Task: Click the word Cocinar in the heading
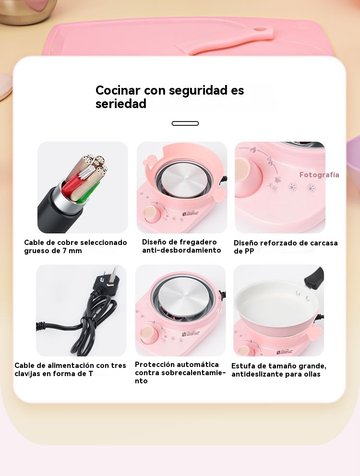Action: pos(118,90)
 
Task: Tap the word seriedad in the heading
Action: pos(121,104)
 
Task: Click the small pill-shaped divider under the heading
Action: pos(185,123)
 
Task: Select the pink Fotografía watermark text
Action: pos(319,174)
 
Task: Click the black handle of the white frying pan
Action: pos(314,277)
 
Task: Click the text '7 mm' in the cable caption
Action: pos(72,251)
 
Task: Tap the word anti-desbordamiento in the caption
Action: pos(181,250)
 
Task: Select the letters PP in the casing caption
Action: pos(249,251)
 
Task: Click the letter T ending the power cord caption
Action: pos(91,373)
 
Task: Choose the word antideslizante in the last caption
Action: pos(254,374)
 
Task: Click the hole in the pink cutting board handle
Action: pos(260,29)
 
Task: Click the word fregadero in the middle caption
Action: pos(198,242)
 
